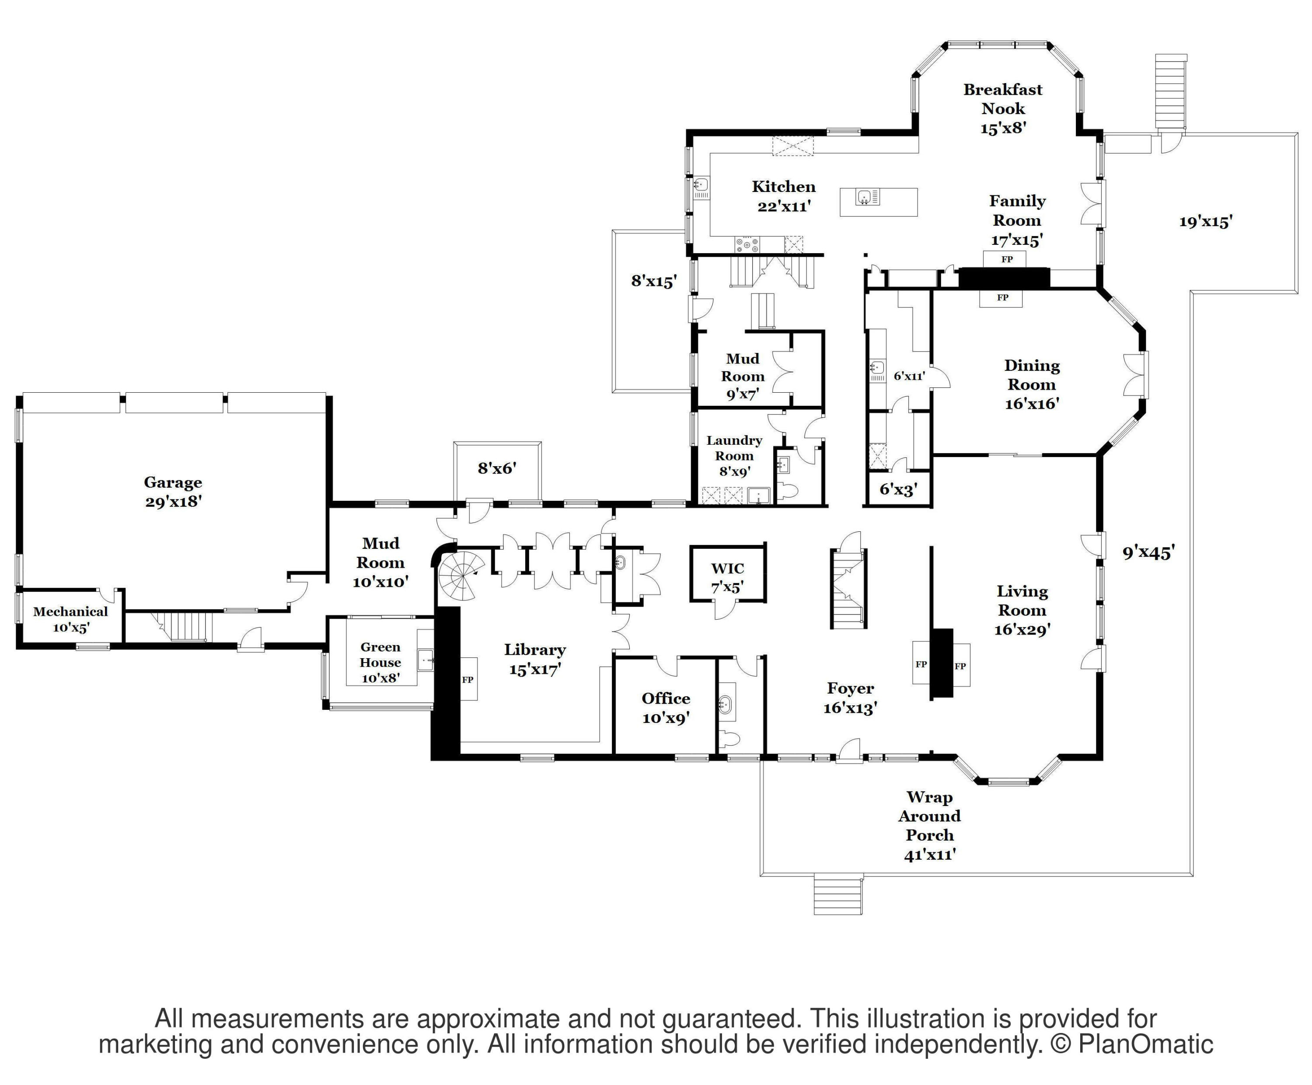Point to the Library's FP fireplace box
pos(468,680)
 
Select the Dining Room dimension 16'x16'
pos(1032,404)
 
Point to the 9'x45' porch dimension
pos(1148,552)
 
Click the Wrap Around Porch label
pos(930,826)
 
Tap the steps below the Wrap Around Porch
pos(838,896)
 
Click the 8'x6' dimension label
pos(497,468)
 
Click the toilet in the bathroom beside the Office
pos(729,739)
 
